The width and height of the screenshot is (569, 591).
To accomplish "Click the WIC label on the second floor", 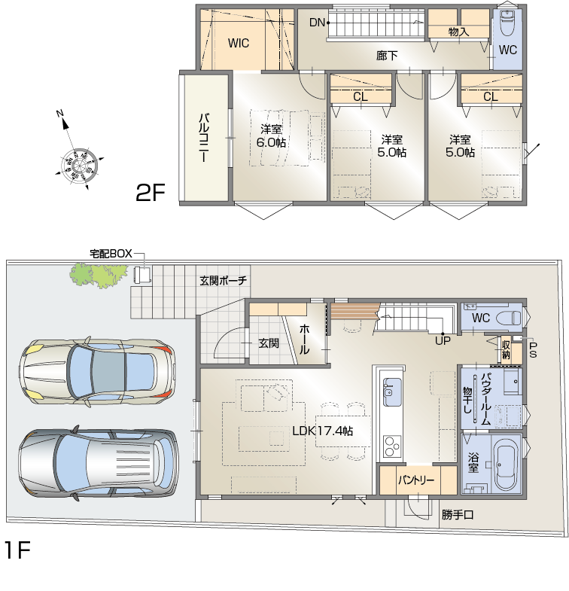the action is (238, 43).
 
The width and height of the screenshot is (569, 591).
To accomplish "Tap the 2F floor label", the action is (151, 192).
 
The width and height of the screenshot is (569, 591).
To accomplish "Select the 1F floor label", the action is (17, 550).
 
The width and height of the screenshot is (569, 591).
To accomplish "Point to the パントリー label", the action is (416, 480).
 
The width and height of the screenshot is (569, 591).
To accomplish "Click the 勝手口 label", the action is (458, 514).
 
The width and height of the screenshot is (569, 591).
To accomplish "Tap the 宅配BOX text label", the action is (111, 254).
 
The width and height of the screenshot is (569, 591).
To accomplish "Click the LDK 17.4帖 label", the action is (323, 431).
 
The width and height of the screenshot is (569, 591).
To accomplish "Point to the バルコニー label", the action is (204, 138).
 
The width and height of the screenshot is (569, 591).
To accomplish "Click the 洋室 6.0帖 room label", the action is (271, 136).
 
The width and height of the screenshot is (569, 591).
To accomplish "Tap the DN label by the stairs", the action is (317, 23).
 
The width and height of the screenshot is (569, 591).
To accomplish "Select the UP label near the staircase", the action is (443, 341).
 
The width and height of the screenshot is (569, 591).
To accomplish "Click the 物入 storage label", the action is (458, 32).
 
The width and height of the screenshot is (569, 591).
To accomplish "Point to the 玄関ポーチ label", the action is (223, 280).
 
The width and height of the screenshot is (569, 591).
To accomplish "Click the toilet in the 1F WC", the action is (508, 318).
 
